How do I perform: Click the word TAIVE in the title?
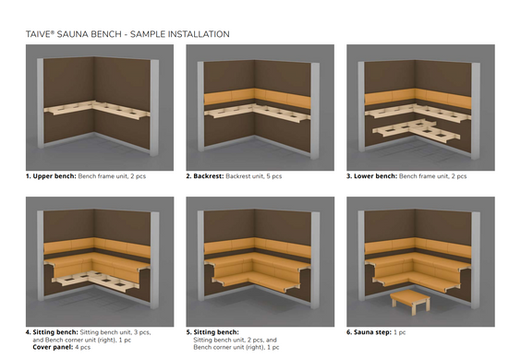coord(38,34)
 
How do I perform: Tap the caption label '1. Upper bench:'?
coord(51,176)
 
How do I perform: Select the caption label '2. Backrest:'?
coord(205,176)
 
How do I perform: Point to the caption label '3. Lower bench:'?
coord(371,176)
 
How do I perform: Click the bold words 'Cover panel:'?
coord(53,347)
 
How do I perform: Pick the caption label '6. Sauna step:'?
coord(370,332)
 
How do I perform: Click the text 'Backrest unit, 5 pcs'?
coord(253,176)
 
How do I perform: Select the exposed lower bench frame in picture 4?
coord(96,282)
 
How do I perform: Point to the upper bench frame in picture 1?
coord(96,110)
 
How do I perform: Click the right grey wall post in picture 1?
coord(154,108)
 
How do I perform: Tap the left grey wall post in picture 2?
coord(200,106)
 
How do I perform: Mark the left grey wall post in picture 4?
coord(41,255)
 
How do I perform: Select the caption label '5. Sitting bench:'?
coord(212,332)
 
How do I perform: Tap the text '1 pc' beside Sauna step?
coord(400,332)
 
